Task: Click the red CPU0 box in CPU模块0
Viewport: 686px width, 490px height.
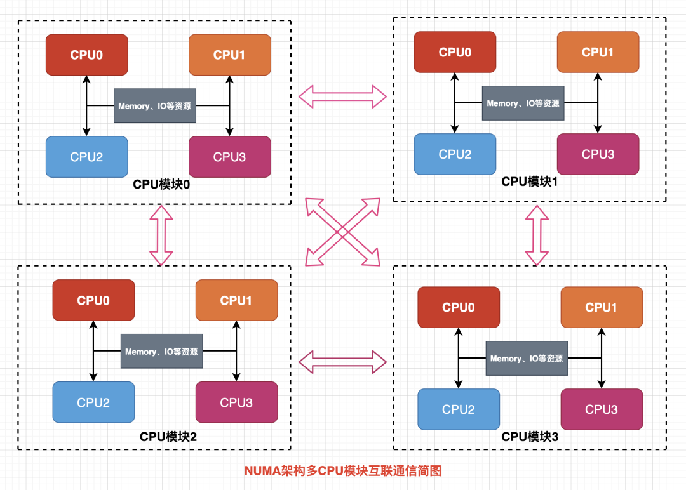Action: pyautogui.click(x=87, y=55)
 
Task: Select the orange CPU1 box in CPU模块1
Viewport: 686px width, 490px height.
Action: pyautogui.click(x=598, y=52)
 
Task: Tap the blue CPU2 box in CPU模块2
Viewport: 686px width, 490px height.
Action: pyautogui.click(x=93, y=402)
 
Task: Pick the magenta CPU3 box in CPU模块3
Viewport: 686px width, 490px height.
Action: pyautogui.click(x=601, y=409)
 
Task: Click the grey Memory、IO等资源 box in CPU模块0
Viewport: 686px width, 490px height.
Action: pyautogui.click(x=155, y=106)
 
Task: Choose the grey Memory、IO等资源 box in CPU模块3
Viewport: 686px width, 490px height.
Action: pyautogui.click(x=527, y=359)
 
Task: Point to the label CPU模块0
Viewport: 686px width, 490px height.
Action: pyautogui.click(x=162, y=184)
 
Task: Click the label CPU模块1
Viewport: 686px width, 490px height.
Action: pyautogui.click(x=530, y=182)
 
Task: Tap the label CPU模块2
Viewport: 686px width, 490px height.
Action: pyautogui.click(x=168, y=437)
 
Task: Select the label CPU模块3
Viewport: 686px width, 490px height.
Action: pyautogui.click(x=530, y=437)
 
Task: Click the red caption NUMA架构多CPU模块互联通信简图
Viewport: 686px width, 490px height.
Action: pyautogui.click(x=342, y=471)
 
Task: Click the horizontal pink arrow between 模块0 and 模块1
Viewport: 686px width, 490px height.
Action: pyautogui.click(x=342, y=96)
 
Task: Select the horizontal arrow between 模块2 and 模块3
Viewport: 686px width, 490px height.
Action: pyautogui.click(x=342, y=361)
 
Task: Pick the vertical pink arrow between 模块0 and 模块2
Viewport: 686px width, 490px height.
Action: pyautogui.click(x=161, y=235)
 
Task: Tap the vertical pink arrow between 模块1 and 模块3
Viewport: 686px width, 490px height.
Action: pyautogui.click(x=537, y=235)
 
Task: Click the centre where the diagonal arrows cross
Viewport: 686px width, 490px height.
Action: pyautogui.click(x=342, y=232)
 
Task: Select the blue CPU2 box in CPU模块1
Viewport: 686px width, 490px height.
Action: pyautogui.click(x=455, y=154)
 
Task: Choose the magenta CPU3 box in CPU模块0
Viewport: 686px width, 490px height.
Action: pyautogui.click(x=230, y=156)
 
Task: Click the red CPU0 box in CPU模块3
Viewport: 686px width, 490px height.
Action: pyautogui.click(x=459, y=307)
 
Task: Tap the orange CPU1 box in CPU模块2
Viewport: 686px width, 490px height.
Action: pyautogui.click(x=236, y=300)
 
